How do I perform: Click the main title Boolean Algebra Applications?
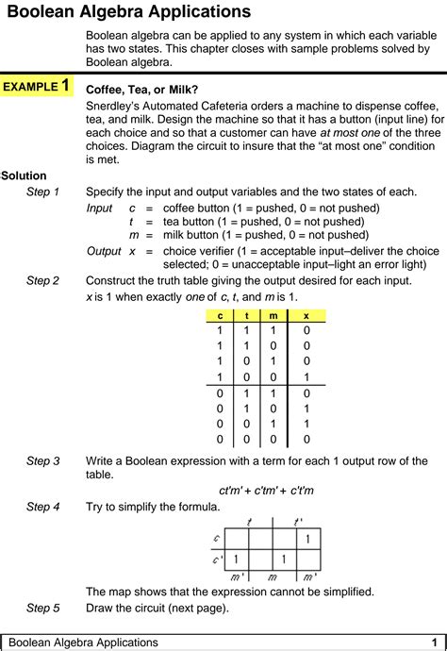point(128,12)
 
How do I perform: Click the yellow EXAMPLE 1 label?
point(37,87)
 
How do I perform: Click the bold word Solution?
point(24,175)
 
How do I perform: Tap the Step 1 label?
point(42,192)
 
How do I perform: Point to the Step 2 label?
point(42,280)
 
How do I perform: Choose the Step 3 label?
point(42,460)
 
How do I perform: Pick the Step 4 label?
point(42,507)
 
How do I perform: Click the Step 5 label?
point(42,608)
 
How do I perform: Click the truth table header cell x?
point(306,316)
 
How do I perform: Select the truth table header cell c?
point(221,316)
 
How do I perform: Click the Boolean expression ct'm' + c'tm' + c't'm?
point(266,491)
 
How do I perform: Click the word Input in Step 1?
point(99,208)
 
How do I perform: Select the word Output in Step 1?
point(104,251)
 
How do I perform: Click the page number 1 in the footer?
point(435,642)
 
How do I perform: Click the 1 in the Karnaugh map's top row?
point(306,540)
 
